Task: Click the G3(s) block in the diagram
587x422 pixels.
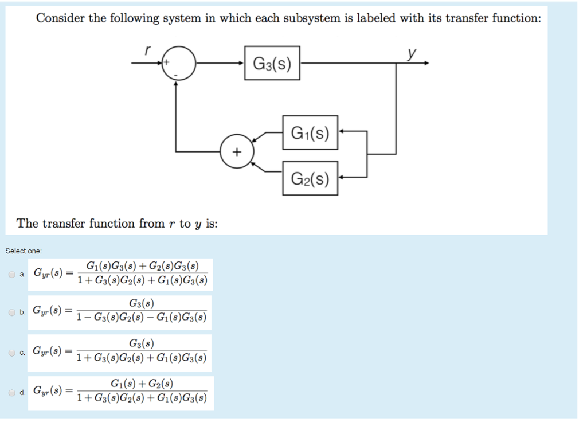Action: coord(272,63)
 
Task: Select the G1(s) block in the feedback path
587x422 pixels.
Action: coord(310,134)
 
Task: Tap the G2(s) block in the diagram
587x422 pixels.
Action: coord(310,178)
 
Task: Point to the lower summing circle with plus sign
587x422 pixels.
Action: coord(236,152)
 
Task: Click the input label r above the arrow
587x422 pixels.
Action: coord(147,50)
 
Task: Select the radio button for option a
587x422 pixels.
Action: coord(11,274)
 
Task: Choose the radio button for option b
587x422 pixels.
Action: coord(11,312)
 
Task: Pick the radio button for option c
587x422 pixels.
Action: coord(11,352)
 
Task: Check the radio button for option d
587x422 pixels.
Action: coord(11,393)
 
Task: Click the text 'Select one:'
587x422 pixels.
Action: coord(24,251)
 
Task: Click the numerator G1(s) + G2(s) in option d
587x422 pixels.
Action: coord(142,384)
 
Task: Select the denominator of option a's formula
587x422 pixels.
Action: coord(142,281)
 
